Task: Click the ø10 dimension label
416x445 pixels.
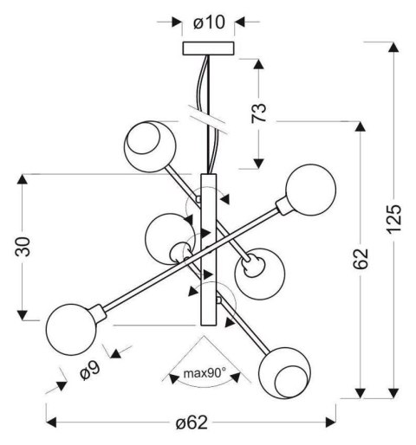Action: pos(209,23)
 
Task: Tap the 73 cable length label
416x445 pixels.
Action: pos(258,113)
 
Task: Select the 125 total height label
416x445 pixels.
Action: pos(393,219)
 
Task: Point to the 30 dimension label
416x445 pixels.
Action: pos(23,247)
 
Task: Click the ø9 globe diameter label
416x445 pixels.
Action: pos(90,371)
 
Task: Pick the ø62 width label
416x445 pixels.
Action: pos(192,422)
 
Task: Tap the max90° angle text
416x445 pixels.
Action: pos(205,373)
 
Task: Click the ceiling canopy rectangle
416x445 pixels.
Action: pos(208,48)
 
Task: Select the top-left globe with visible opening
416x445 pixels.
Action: pos(150,146)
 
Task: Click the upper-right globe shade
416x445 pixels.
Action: pos(311,190)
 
